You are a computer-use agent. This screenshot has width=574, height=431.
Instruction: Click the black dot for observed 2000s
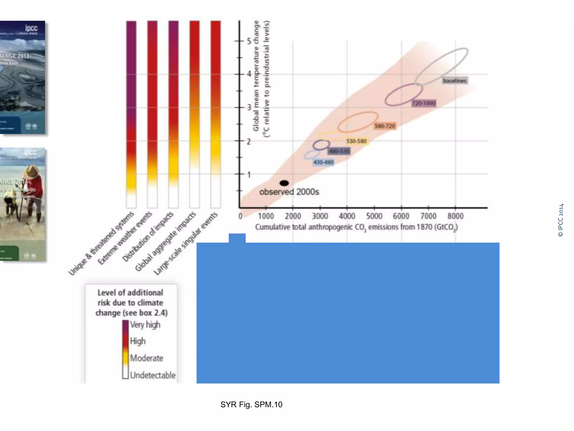pos(284,183)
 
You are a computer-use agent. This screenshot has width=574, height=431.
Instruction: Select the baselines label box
pos(455,81)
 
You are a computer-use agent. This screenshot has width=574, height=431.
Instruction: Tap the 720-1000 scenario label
pos(424,103)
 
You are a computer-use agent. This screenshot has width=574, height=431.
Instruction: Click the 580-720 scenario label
pos(385,126)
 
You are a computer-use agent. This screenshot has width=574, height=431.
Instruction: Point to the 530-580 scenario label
pos(356,141)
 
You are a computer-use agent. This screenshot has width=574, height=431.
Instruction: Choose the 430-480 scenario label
pos(323,162)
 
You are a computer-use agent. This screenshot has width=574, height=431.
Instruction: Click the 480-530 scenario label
pos(339,152)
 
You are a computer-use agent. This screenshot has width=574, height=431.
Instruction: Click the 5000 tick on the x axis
pos(374,216)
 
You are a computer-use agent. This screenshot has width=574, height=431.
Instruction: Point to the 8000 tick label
pos(455,216)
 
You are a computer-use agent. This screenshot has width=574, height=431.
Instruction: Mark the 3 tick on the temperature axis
pos(249,107)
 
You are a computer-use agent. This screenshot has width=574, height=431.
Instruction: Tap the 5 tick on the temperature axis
pos(249,41)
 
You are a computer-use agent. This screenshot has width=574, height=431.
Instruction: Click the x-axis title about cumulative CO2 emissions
pos(356,227)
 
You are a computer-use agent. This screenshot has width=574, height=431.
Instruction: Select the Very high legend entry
pos(145,325)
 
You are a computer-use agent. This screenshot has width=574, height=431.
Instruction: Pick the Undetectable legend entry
pos(152,375)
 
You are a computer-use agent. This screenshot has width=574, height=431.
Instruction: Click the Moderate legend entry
pos(146,358)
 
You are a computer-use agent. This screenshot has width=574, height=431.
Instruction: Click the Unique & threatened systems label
pos(101,244)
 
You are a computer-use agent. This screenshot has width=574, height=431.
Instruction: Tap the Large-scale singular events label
pos(186,244)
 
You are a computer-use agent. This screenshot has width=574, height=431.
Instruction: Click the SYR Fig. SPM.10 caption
pos(251,404)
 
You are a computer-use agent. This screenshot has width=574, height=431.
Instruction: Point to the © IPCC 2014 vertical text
pos(561,220)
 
